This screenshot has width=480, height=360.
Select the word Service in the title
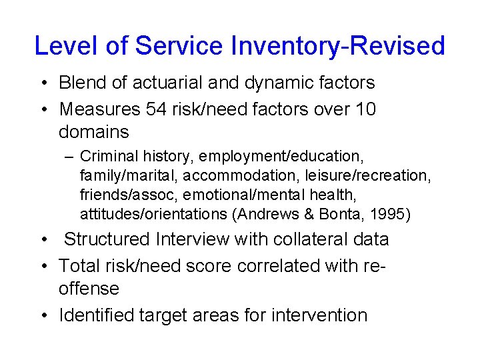178,46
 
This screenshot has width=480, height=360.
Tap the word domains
93,131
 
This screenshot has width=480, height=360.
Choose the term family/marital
129,176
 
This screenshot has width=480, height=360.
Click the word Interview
203,239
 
